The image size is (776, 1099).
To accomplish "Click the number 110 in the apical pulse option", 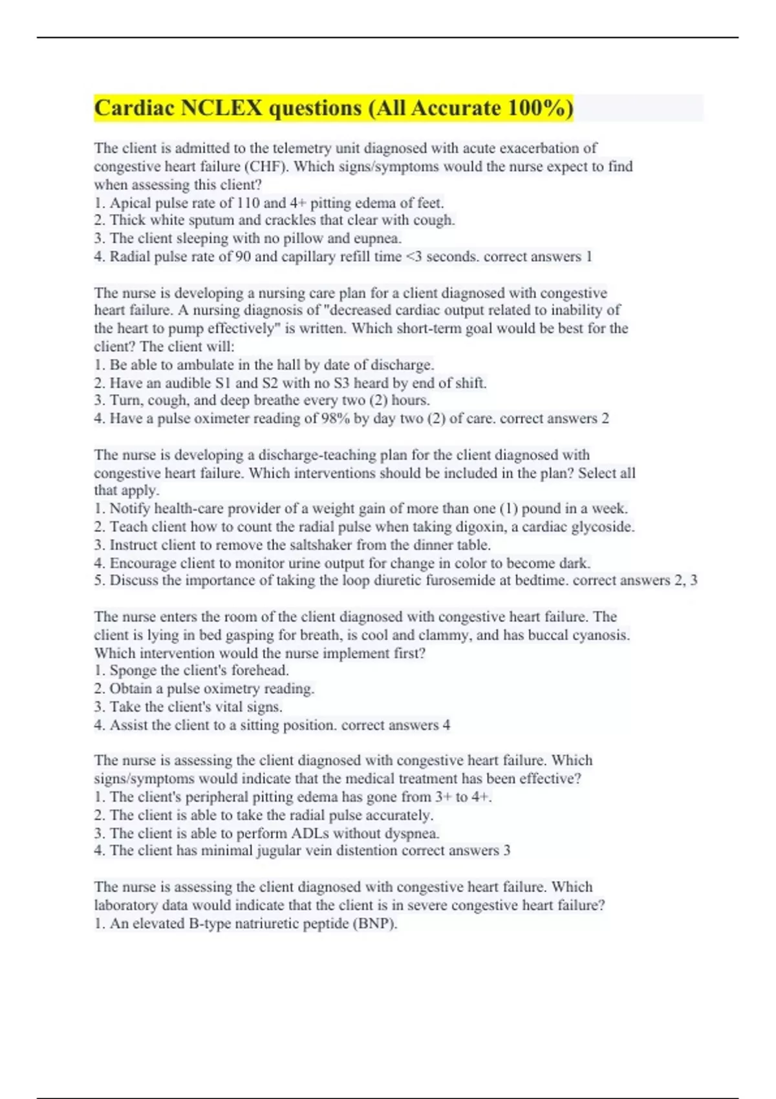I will (x=249, y=203).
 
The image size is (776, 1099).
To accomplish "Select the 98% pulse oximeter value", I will (x=335, y=419).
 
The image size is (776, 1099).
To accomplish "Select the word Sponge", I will (x=133, y=670).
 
